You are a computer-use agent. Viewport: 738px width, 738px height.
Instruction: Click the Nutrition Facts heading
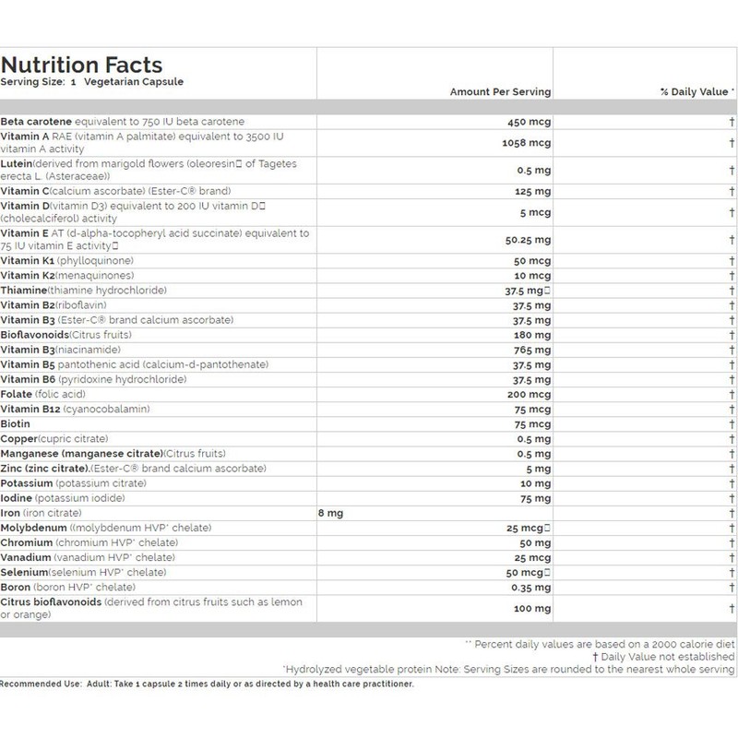coord(82,65)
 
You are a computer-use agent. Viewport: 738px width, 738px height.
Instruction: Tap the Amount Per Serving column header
coord(500,92)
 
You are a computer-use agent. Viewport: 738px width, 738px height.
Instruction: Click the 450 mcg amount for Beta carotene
coord(530,122)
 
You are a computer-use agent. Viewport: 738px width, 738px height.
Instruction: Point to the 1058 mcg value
coord(527,143)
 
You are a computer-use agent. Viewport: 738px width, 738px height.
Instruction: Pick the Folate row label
coord(18,395)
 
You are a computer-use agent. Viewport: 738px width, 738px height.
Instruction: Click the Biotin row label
coord(16,424)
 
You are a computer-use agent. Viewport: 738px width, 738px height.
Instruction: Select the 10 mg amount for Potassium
coord(536,483)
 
